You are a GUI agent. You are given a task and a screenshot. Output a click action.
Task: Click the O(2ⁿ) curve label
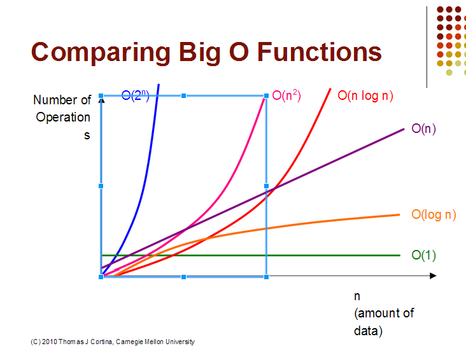(x=135, y=95)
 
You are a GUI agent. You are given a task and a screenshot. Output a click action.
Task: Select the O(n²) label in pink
(x=286, y=95)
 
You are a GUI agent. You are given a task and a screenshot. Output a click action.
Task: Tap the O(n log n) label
(x=365, y=96)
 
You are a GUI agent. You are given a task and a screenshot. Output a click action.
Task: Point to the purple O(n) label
(x=423, y=129)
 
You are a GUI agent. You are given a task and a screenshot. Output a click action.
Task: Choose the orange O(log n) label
(x=434, y=215)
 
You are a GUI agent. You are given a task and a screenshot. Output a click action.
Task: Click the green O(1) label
(x=423, y=255)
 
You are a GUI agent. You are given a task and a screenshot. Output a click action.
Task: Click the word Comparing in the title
(x=101, y=53)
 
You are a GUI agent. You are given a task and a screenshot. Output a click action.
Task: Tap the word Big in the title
(x=199, y=53)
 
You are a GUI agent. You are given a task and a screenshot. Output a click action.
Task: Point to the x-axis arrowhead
(x=433, y=276)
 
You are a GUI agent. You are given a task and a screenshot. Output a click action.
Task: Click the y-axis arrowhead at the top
(x=102, y=100)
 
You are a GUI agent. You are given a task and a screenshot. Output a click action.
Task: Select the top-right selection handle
(x=266, y=95)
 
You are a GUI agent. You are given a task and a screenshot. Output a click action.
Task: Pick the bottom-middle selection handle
(x=184, y=277)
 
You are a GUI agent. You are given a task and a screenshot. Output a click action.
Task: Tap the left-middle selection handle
(x=101, y=186)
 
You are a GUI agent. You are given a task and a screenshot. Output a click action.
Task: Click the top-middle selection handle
(x=184, y=95)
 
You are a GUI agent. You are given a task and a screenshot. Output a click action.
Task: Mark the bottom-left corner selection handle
(x=101, y=277)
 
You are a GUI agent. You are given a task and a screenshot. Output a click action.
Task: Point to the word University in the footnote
(x=180, y=342)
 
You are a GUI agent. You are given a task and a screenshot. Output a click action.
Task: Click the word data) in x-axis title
(x=368, y=331)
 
